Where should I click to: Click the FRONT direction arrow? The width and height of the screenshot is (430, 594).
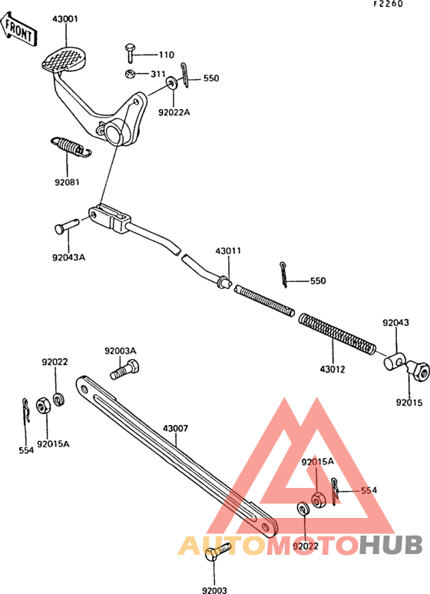[x=18, y=28]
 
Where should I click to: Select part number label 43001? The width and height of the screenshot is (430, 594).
[x=65, y=18]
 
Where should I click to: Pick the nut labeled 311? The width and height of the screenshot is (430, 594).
[x=131, y=74]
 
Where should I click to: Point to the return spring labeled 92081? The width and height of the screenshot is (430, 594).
[x=71, y=147]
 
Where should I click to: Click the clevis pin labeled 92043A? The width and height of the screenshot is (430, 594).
[x=67, y=226]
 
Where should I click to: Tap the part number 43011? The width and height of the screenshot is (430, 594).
[x=228, y=251]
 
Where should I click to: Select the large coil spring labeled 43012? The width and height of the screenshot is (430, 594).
[x=337, y=334]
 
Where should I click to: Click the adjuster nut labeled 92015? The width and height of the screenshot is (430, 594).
[x=419, y=371]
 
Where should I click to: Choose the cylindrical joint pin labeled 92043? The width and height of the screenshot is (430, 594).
[x=395, y=361]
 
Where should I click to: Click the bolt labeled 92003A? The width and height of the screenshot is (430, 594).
[x=124, y=370]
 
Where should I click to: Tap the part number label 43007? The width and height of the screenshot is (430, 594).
[x=175, y=429]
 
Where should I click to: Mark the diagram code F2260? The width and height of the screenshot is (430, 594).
[x=389, y=4]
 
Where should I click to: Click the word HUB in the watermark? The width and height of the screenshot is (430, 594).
[x=391, y=545]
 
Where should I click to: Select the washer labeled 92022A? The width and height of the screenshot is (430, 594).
[x=172, y=82]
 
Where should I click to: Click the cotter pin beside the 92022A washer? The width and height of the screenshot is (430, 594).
[x=184, y=75]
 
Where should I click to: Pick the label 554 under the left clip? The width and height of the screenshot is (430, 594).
[x=26, y=450]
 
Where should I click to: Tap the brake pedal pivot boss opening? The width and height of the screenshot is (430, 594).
[x=114, y=134]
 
